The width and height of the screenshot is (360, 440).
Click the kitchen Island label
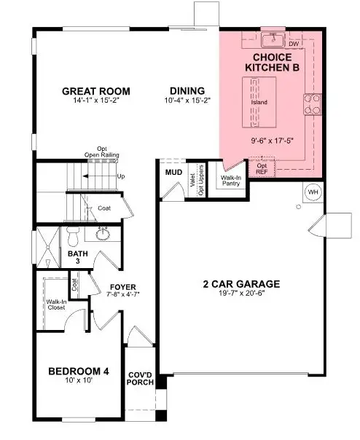(x=259, y=102)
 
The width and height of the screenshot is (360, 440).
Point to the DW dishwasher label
(x=294, y=44)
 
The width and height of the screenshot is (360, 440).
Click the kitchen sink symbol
(x=274, y=39)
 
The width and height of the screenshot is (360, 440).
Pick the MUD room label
(x=173, y=173)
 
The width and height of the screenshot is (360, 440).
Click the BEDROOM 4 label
(x=79, y=372)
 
